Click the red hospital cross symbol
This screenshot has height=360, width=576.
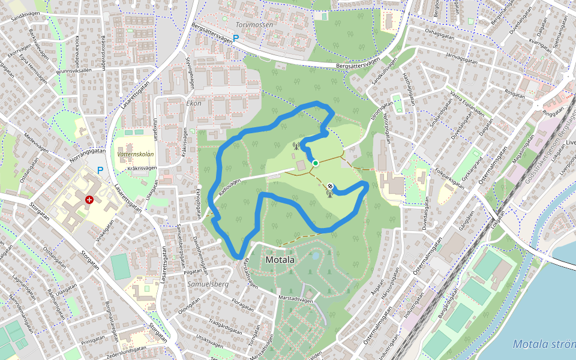(x=89, y=199)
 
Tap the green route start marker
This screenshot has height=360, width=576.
(x=315, y=163)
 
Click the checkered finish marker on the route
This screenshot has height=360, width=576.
(x=330, y=186)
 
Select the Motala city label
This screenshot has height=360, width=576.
(x=280, y=260)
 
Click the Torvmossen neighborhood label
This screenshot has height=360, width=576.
(x=254, y=25)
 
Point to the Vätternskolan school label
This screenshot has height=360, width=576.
(x=136, y=154)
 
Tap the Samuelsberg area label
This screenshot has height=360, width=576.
(x=208, y=283)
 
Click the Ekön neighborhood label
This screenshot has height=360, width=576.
(x=194, y=103)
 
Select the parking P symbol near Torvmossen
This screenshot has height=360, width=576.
(x=236, y=38)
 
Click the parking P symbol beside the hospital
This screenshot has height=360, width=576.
(x=100, y=170)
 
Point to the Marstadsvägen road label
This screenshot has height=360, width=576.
(x=296, y=298)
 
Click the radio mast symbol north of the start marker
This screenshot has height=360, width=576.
(x=295, y=145)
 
